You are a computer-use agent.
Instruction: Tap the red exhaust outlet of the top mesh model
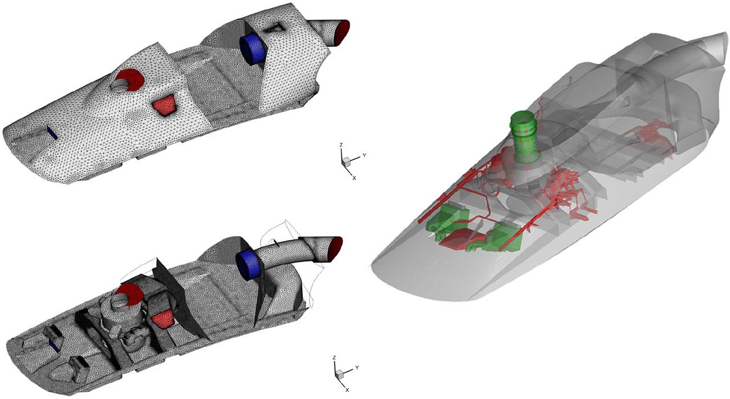coord(343,32)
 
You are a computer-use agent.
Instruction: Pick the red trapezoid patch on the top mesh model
coord(164,104)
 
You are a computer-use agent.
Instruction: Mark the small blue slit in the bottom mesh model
coord(54,345)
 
